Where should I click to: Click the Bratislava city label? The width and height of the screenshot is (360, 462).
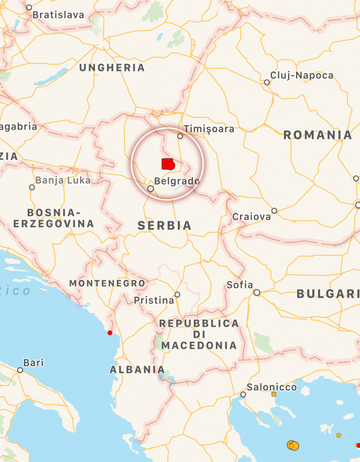58,15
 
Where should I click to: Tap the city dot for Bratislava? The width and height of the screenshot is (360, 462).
29,7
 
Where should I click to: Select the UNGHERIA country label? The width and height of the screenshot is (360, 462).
112,68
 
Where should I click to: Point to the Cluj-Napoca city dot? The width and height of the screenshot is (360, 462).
267,83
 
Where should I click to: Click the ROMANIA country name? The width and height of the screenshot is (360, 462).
318,135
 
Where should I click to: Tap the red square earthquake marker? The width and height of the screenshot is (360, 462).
166,164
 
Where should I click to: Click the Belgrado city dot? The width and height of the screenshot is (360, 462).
151,189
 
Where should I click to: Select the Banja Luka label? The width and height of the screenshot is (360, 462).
63,180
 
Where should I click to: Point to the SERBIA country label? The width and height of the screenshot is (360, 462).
165,226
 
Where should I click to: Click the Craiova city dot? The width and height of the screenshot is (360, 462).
274,211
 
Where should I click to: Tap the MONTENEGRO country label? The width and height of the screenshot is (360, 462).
107,283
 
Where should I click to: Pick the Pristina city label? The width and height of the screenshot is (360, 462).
154,300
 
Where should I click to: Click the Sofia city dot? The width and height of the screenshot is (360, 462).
257,293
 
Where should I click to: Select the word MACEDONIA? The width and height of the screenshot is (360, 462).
198,346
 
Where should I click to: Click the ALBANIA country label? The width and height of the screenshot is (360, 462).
137,370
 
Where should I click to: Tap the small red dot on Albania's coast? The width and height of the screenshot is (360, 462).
110,333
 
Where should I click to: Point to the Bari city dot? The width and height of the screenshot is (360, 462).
20,370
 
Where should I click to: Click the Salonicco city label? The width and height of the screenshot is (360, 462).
272,387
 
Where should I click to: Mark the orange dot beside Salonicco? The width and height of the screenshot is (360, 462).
273,394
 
